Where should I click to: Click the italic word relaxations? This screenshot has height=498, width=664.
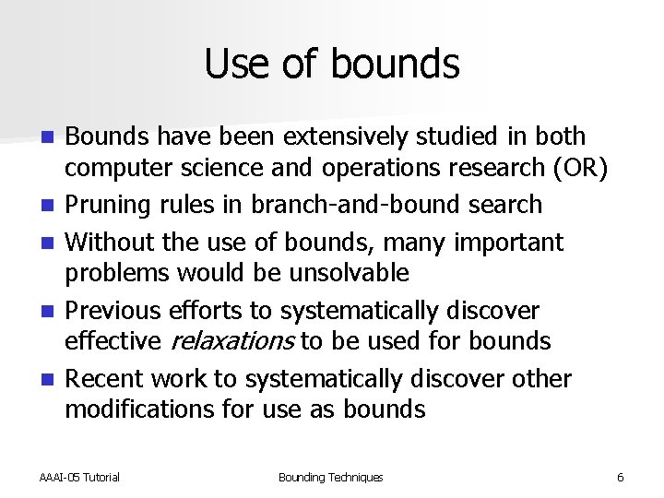(232, 341)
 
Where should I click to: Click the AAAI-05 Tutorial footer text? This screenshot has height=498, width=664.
(79, 477)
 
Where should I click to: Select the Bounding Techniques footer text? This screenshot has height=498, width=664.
(330, 477)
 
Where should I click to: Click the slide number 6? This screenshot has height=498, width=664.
(620, 477)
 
